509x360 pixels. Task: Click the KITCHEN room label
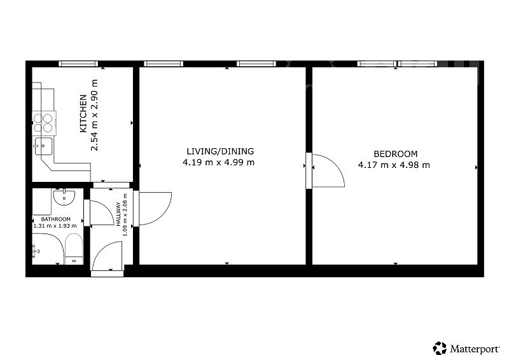point(83,113)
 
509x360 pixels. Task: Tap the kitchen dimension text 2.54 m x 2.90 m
point(94,115)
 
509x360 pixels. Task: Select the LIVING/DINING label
point(220,151)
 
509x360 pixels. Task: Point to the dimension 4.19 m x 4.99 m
point(218,162)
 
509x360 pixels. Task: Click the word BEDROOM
point(395,154)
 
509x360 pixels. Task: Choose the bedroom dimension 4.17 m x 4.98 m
point(394,165)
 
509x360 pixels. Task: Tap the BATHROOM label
point(56,219)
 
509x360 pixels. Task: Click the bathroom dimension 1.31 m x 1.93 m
point(55,226)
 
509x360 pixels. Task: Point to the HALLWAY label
point(119,214)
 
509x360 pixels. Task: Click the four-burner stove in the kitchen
point(44,123)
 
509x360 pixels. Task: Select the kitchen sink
point(43,146)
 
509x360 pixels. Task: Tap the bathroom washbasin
point(64,197)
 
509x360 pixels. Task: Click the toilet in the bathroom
point(74,249)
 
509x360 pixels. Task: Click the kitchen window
point(78,64)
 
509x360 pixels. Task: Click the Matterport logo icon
point(440,348)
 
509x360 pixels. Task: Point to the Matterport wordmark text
point(475,349)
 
